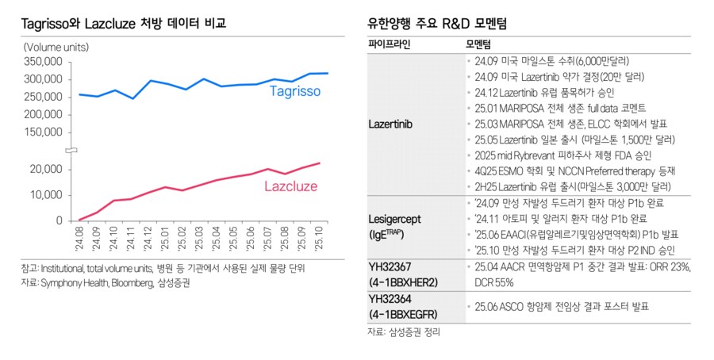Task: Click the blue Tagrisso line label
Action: point(294,92)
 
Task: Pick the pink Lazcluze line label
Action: point(290,186)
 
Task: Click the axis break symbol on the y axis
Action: point(70,150)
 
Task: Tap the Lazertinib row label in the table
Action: point(391,124)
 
